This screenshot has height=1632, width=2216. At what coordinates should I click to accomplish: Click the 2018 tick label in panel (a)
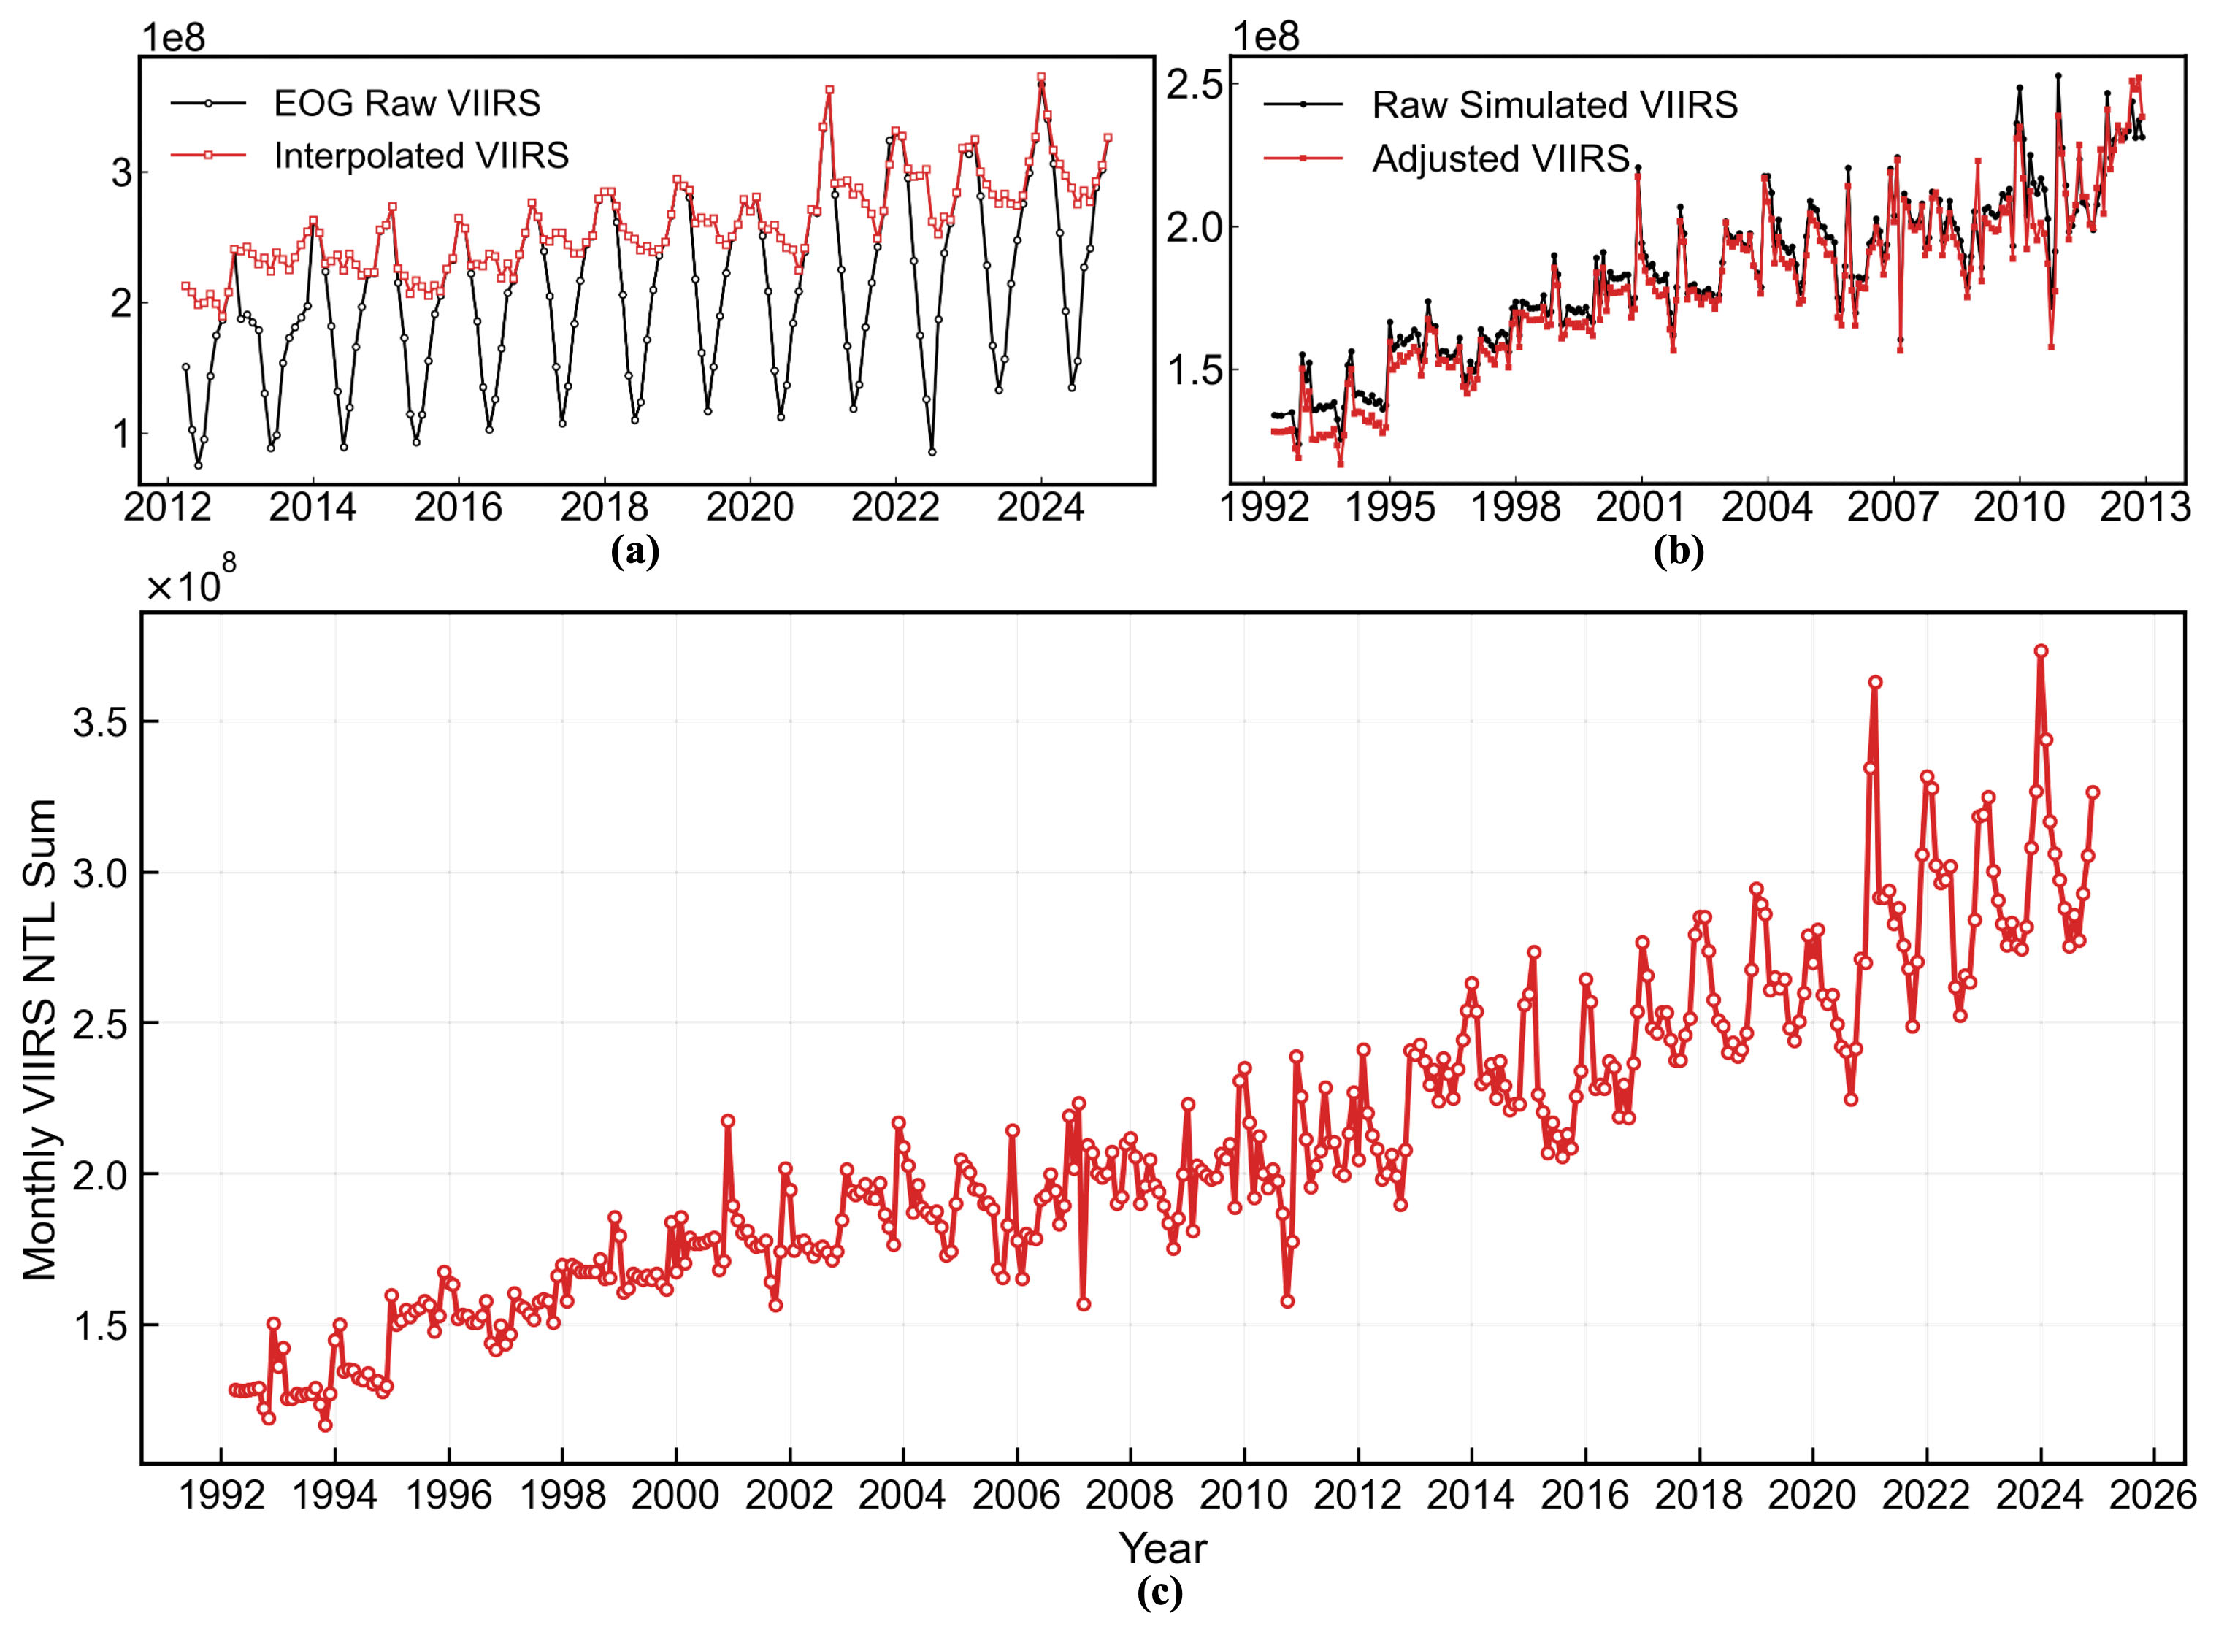coord(604,507)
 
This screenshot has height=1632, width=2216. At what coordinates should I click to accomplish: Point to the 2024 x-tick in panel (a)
coord(1040,507)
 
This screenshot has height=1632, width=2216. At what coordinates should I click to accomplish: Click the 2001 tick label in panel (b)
coord(1640,507)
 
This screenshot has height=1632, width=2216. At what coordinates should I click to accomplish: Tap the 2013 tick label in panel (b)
coord(2144,507)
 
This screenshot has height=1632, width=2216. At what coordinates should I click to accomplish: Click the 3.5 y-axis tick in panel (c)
coord(101,723)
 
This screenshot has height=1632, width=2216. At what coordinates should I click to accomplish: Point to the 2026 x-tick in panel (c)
coord(2152,1495)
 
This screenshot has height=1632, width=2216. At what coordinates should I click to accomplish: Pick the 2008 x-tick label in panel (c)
coord(1130,1495)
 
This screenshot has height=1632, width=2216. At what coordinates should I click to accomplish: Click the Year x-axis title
coord(1163,1548)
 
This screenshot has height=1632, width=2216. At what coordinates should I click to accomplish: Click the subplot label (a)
coord(635,551)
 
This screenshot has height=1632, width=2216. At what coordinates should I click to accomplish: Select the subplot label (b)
coord(1679,551)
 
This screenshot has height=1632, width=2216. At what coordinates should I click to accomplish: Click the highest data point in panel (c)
coord(2040,651)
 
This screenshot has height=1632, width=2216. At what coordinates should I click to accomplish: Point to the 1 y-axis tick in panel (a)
coord(120,433)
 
